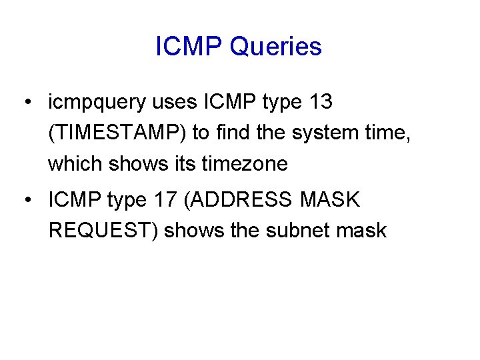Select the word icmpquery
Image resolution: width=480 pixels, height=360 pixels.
97,103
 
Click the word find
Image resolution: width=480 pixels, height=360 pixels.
231,133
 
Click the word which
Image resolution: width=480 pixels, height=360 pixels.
74,163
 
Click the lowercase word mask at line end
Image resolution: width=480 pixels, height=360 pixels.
361,230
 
